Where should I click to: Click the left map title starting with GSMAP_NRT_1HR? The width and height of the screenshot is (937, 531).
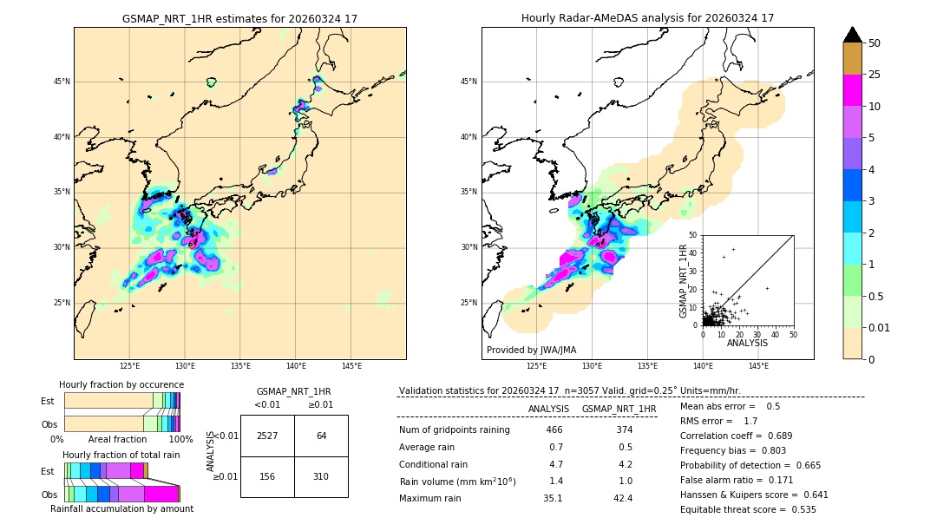pos(239,18)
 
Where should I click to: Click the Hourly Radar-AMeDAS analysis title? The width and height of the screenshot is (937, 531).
pos(647,18)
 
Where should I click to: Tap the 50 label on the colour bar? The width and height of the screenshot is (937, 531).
pos(875,43)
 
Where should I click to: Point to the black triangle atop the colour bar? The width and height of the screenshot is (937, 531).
pos(853,35)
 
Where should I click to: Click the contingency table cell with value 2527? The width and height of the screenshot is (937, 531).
pos(267,436)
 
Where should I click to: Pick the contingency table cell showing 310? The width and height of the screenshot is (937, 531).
pos(321,476)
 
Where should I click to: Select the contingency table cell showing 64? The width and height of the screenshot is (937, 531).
pos(321,436)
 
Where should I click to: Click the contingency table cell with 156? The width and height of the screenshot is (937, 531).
pos(267,476)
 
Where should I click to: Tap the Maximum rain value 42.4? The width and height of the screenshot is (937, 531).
pos(623,498)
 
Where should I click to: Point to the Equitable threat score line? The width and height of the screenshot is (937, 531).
pos(748,509)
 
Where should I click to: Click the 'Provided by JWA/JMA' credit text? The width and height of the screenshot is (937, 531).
pos(531,351)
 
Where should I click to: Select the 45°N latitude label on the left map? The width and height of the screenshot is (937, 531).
pos(62,82)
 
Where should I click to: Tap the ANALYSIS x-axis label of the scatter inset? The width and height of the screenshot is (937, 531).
pos(747,343)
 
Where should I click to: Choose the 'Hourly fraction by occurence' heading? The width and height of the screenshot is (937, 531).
pos(121,384)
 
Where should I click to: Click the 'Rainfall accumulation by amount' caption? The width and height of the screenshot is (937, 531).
pos(121,509)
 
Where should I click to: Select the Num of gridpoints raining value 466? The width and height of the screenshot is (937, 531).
pos(554,430)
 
